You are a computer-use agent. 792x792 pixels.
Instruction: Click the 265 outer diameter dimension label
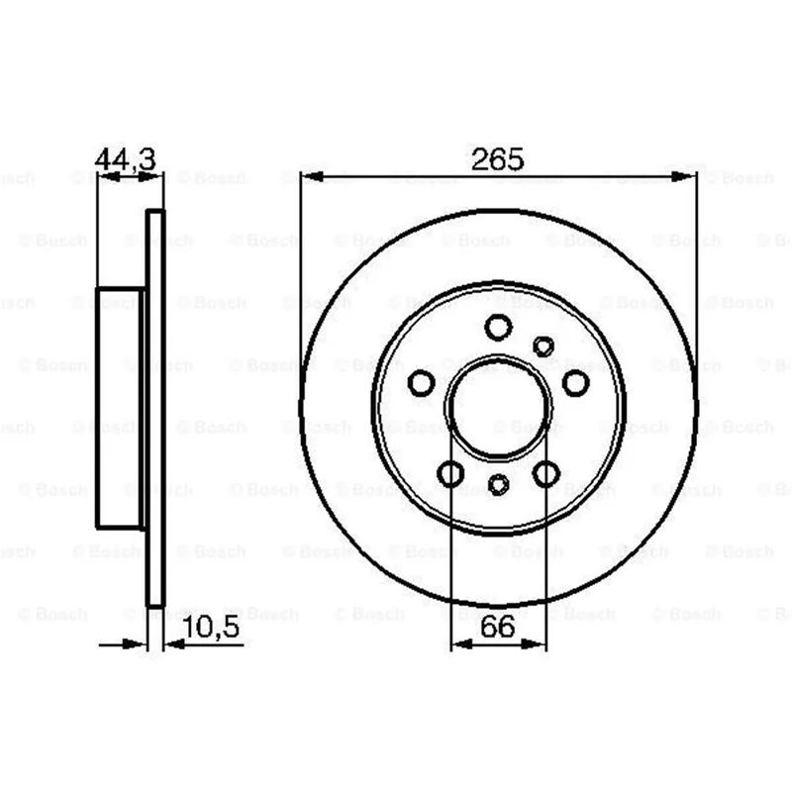tap(498, 159)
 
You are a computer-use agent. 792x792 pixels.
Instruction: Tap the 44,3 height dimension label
tap(126, 159)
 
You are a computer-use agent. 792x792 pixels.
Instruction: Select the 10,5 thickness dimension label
tap(211, 628)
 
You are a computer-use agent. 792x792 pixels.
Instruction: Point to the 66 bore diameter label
tap(498, 627)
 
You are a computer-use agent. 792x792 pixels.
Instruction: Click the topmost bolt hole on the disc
tap(498, 327)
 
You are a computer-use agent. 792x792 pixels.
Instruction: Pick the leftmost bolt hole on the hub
tap(421, 383)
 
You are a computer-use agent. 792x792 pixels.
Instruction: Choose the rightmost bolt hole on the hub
tap(575, 383)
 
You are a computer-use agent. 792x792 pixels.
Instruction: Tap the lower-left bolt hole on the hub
tap(450, 474)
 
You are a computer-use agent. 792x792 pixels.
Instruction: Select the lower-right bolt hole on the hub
tap(546, 474)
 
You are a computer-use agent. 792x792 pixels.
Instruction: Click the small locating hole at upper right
tap(543, 346)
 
